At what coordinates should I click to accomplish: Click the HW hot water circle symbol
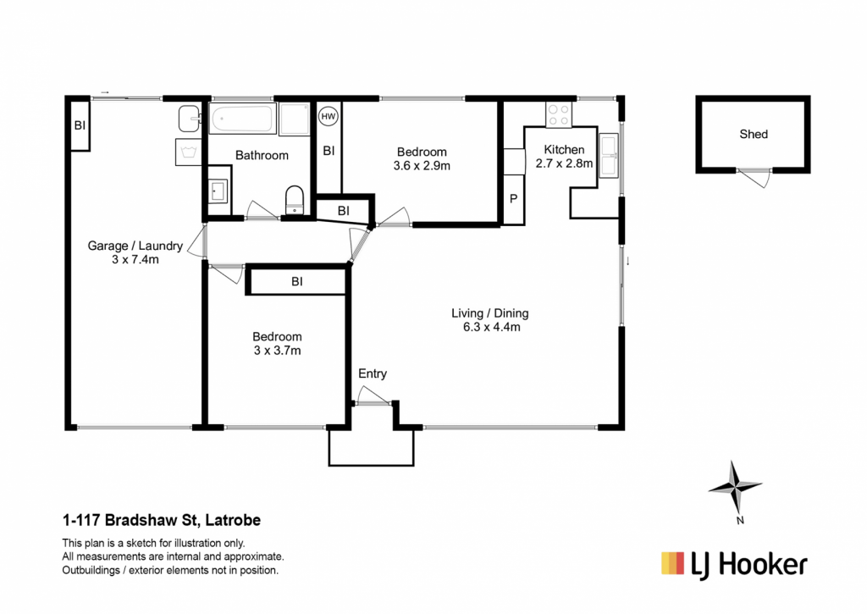click(x=329, y=116)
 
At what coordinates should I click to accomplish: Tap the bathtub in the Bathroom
click(x=242, y=119)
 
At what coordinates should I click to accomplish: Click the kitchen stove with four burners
click(x=559, y=114)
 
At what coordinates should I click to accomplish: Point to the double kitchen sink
click(x=608, y=156)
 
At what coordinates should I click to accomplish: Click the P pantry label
click(x=513, y=198)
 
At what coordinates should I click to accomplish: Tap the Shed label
click(x=753, y=134)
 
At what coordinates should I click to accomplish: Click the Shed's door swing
click(x=754, y=177)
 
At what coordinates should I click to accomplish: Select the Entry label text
click(x=373, y=374)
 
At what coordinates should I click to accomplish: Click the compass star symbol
click(x=735, y=487)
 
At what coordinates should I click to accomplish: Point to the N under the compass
click(x=740, y=520)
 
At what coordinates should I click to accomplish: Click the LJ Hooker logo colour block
click(x=672, y=563)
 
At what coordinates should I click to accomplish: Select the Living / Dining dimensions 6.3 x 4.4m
click(x=492, y=327)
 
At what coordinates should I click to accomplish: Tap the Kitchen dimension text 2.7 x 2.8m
click(x=564, y=163)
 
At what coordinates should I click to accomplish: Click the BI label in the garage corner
click(x=80, y=125)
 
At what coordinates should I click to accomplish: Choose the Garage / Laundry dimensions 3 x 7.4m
click(x=135, y=259)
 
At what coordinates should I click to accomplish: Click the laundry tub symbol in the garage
click(x=189, y=152)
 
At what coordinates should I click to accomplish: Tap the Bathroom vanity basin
click(x=218, y=191)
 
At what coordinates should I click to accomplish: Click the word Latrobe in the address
click(x=236, y=521)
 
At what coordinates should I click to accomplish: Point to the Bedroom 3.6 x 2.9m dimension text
click(x=422, y=165)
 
